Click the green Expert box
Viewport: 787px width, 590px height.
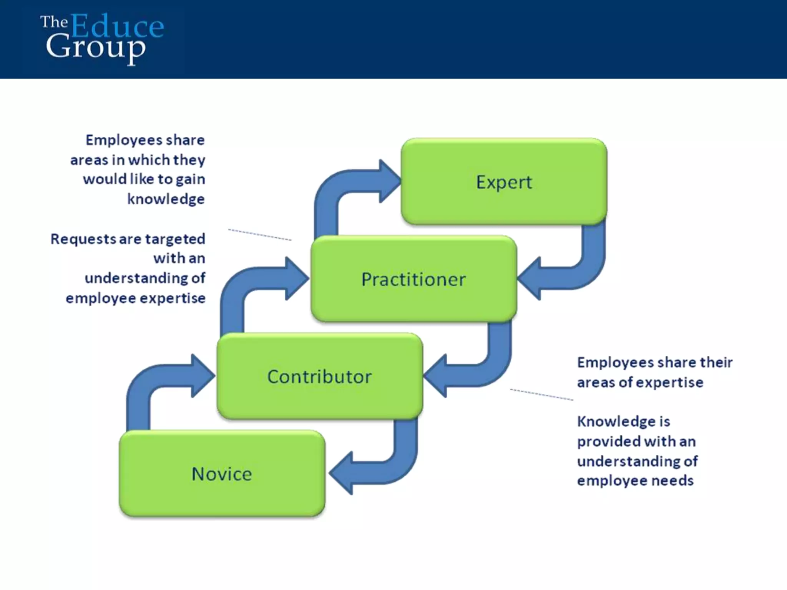(504, 182)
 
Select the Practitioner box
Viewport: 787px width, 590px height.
(413, 279)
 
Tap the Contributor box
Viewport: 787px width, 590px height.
(319, 376)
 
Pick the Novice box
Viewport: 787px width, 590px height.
(222, 474)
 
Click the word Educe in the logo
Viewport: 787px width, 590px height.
(117, 26)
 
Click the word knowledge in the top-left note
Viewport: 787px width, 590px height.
(166, 199)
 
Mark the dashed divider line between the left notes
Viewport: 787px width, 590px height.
(260, 235)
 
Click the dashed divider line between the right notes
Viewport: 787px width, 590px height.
(541, 394)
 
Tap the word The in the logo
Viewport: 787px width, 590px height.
(54, 22)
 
